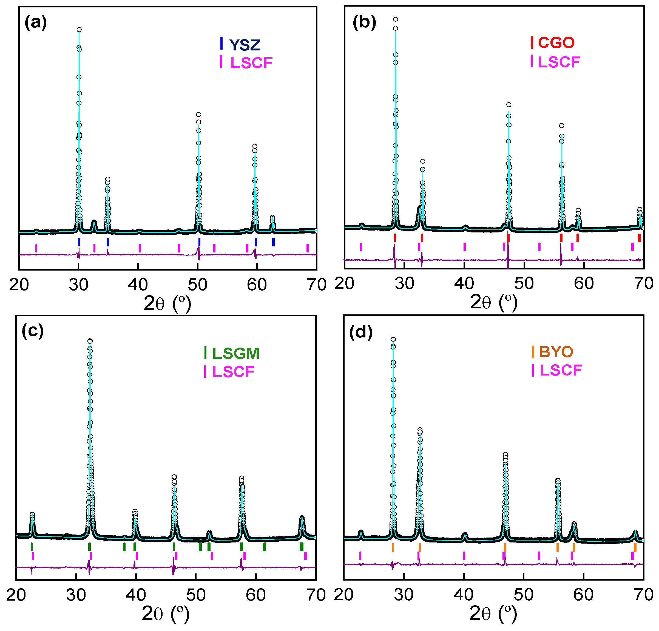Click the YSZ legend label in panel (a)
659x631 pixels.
[x=245, y=45]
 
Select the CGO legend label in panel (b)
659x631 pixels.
[x=556, y=43]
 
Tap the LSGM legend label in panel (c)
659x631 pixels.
[x=236, y=353]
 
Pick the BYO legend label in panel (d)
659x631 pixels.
[x=556, y=352]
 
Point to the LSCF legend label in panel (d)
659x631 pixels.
[x=561, y=370]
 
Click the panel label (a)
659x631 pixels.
[x=36, y=23]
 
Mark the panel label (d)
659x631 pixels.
[x=361, y=332]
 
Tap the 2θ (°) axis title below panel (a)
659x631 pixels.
[x=167, y=303]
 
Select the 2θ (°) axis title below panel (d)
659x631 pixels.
[x=493, y=613]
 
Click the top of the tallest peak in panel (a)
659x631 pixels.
[x=79, y=30]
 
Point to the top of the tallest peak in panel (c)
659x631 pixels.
[x=90, y=341]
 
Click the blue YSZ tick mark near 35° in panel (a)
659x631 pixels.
[x=108, y=242]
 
